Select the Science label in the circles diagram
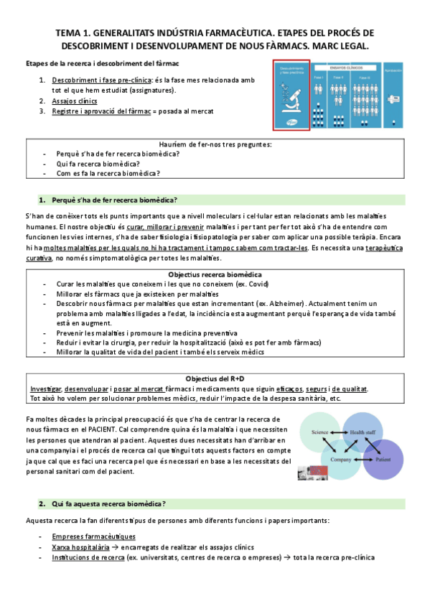tap(319, 432)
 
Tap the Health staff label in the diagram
tap(362, 432)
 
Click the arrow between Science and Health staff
tap(340, 432)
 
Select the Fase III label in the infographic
tap(365, 77)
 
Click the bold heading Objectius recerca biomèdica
tap(215, 274)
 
